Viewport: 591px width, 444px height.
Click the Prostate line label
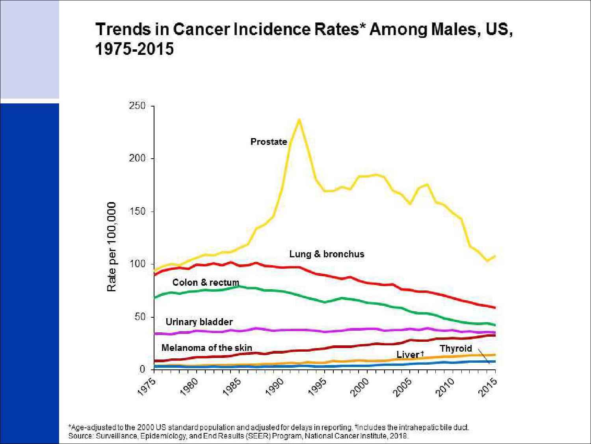pos(269,142)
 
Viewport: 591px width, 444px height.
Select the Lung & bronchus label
pos(327,254)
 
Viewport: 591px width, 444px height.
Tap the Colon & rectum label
pos(206,283)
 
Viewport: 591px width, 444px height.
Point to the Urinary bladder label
pos(199,322)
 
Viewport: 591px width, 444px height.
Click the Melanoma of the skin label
pos(206,348)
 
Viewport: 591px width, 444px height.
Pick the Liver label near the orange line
pos(408,354)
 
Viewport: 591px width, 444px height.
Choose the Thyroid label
pos(456,348)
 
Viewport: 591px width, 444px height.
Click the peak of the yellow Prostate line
pos(299,119)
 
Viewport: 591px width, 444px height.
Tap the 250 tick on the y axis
pos(137,106)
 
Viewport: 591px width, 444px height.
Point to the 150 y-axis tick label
pos(137,211)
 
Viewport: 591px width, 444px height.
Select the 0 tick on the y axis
pos(142,369)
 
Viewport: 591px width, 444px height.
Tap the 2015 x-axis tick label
pos(488,387)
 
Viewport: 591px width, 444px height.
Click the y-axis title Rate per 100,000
pos(112,247)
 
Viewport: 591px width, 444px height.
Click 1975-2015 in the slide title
pos(134,49)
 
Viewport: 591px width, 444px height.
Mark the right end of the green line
pos(495,325)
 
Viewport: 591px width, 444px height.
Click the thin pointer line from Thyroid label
pos(484,356)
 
